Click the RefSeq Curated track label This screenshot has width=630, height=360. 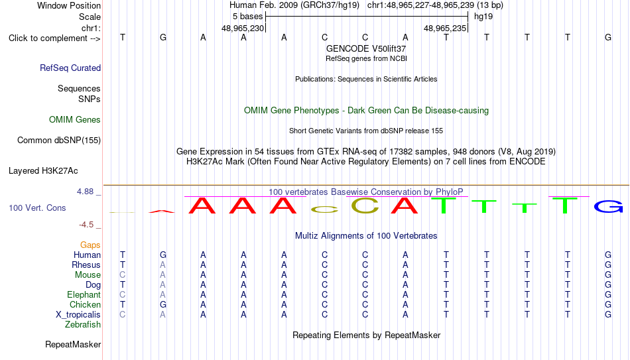click(x=70, y=68)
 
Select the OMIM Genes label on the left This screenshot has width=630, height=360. click(x=75, y=120)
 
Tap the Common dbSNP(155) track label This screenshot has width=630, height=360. click(x=59, y=141)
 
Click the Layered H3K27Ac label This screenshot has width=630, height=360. click(x=43, y=171)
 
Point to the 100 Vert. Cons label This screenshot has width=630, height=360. click(x=37, y=208)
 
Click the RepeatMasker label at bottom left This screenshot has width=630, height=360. click(x=73, y=344)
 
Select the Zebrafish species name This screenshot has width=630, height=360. click(x=83, y=324)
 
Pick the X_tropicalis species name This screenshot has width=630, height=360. click(x=78, y=315)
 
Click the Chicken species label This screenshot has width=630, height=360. click(x=85, y=304)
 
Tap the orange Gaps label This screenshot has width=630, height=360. click(x=90, y=245)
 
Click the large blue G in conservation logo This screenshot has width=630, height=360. click(x=608, y=206)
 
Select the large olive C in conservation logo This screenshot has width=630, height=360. click(x=365, y=206)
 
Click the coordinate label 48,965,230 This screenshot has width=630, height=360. click(x=243, y=29)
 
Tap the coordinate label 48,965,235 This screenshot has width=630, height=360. click(x=445, y=29)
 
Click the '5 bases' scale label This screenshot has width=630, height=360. click(x=247, y=17)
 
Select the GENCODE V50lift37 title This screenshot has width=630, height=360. click(x=366, y=48)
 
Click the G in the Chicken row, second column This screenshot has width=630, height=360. click(x=162, y=304)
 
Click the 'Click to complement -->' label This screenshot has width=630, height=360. click(x=54, y=38)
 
